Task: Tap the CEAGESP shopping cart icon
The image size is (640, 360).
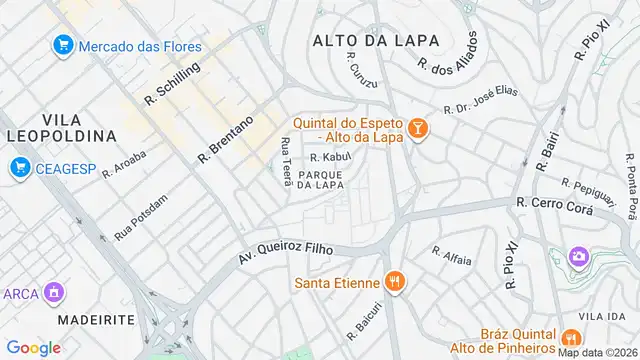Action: (19, 169)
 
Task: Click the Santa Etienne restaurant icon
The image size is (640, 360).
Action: (395, 282)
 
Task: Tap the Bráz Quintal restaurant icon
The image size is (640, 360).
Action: (571, 337)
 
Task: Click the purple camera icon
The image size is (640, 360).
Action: (578, 257)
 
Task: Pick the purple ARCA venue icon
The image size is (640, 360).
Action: (54, 293)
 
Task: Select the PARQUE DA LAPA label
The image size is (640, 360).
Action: (321, 180)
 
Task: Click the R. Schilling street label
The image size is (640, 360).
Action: (172, 82)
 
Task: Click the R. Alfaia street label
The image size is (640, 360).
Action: (451, 255)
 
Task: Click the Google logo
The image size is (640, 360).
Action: (33, 348)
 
